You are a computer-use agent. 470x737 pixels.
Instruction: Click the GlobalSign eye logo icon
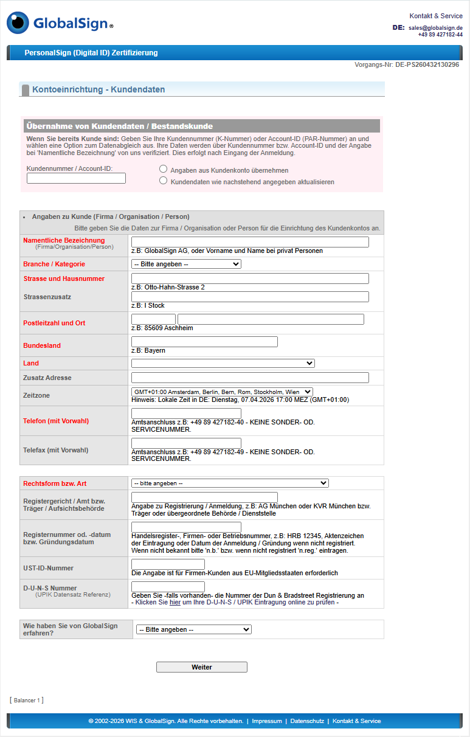pyautogui.click(x=18, y=22)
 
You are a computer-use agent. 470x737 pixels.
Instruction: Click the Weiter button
pyautogui.click(x=201, y=667)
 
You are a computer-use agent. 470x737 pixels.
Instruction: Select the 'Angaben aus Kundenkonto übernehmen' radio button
pyautogui.click(x=163, y=168)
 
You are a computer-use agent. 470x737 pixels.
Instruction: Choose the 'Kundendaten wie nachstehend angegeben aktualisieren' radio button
pyautogui.click(x=163, y=181)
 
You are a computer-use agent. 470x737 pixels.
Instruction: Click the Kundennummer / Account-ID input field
pyautogui.click(x=76, y=178)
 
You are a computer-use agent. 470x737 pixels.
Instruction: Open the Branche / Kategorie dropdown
pyautogui.click(x=186, y=264)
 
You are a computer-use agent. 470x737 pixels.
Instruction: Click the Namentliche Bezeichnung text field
pyautogui.click(x=250, y=242)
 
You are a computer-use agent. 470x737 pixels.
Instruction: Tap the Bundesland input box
pyautogui.click(x=204, y=342)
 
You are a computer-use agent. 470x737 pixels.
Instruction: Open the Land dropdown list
pyautogui.click(x=223, y=363)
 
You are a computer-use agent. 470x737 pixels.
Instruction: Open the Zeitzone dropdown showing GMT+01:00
pyautogui.click(x=222, y=392)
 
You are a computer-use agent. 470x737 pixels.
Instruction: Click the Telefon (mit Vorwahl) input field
pyautogui.click(x=186, y=413)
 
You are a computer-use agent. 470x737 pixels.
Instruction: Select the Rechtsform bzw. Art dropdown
pyautogui.click(x=230, y=483)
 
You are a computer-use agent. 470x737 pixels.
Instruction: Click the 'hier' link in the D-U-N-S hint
pyautogui.click(x=175, y=603)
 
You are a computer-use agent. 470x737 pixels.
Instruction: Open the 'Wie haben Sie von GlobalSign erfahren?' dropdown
pyautogui.click(x=193, y=629)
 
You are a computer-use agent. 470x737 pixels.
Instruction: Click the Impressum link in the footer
pyautogui.click(x=267, y=721)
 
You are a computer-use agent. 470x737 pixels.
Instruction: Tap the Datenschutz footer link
pyautogui.click(x=307, y=721)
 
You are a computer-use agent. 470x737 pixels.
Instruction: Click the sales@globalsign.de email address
pyautogui.click(x=435, y=28)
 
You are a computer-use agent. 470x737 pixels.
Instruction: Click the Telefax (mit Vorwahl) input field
pyautogui.click(x=186, y=443)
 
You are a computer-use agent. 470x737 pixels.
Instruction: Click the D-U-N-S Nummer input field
pyautogui.click(x=168, y=587)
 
